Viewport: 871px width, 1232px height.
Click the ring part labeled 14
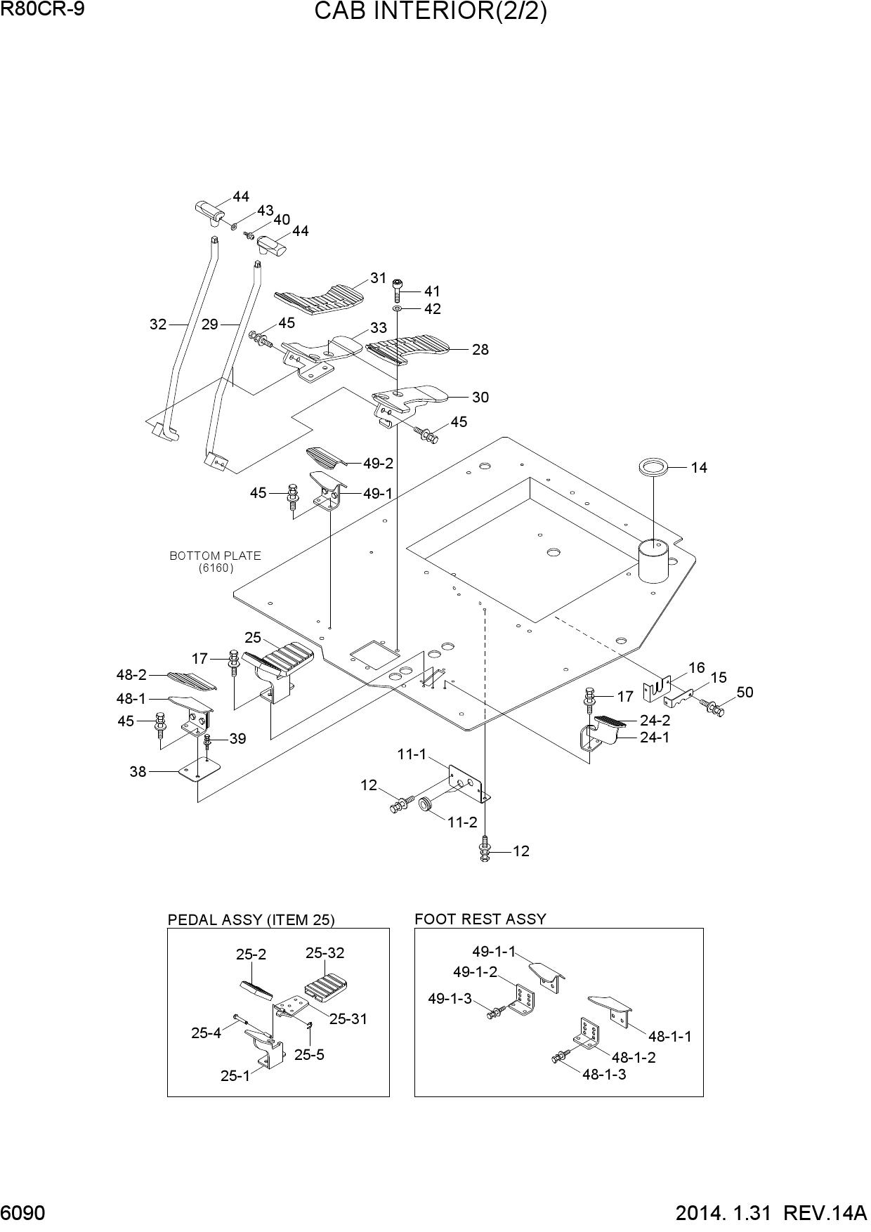(x=653, y=466)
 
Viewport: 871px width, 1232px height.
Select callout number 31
(x=379, y=278)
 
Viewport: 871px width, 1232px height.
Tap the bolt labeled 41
(x=398, y=289)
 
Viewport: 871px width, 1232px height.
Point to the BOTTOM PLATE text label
(x=215, y=556)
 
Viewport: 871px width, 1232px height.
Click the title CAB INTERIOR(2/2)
(x=431, y=12)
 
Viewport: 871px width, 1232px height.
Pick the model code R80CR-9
(x=43, y=8)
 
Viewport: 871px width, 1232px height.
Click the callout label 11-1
(x=412, y=754)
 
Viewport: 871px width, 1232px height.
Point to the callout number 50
(x=745, y=693)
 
